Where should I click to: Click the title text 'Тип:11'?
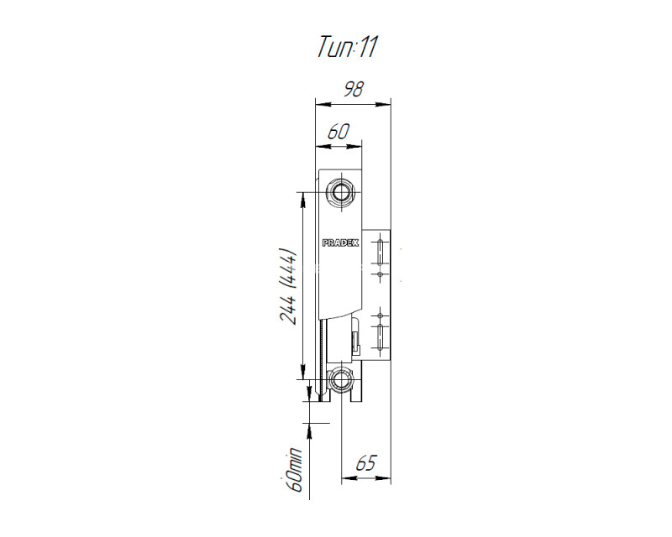click(347, 46)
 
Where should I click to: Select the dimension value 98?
click(354, 90)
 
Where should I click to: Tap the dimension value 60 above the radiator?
click(339, 132)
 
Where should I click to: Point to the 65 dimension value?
click(365, 463)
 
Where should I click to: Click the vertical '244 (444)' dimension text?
click(288, 286)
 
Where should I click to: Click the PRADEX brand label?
click(340, 242)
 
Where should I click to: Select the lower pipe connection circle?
click(341, 379)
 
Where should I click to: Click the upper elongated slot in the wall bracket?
click(380, 253)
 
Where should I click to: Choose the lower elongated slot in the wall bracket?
click(380, 336)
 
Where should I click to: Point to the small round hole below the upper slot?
click(380, 274)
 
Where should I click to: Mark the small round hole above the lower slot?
click(380, 315)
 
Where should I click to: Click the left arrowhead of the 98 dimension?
click(323, 104)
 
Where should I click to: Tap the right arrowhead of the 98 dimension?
click(384, 104)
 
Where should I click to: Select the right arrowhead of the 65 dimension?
click(384, 478)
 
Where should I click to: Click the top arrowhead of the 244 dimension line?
click(303, 199)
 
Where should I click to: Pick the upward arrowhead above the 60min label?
click(309, 430)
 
